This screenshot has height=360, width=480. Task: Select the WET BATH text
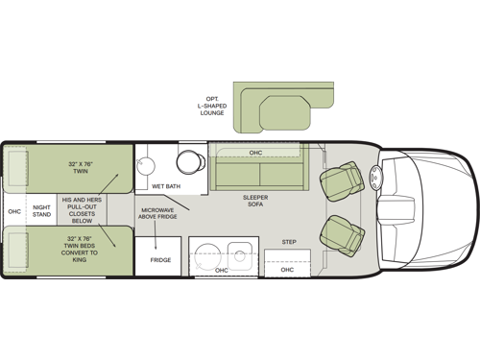[x=166, y=186]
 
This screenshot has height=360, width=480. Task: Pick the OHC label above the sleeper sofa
[x=255, y=153]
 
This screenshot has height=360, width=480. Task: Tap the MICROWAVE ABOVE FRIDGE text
[x=158, y=214]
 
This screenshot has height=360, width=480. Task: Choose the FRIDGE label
[x=160, y=259]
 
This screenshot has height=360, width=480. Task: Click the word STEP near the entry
[x=288, y=241]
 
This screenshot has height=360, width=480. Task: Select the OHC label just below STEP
[x=287, y=270]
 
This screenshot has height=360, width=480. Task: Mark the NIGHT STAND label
[x=41, y=210]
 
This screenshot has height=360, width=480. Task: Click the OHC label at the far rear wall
[x=14, y=210]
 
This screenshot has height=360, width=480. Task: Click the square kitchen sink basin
[x=240, y=253]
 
